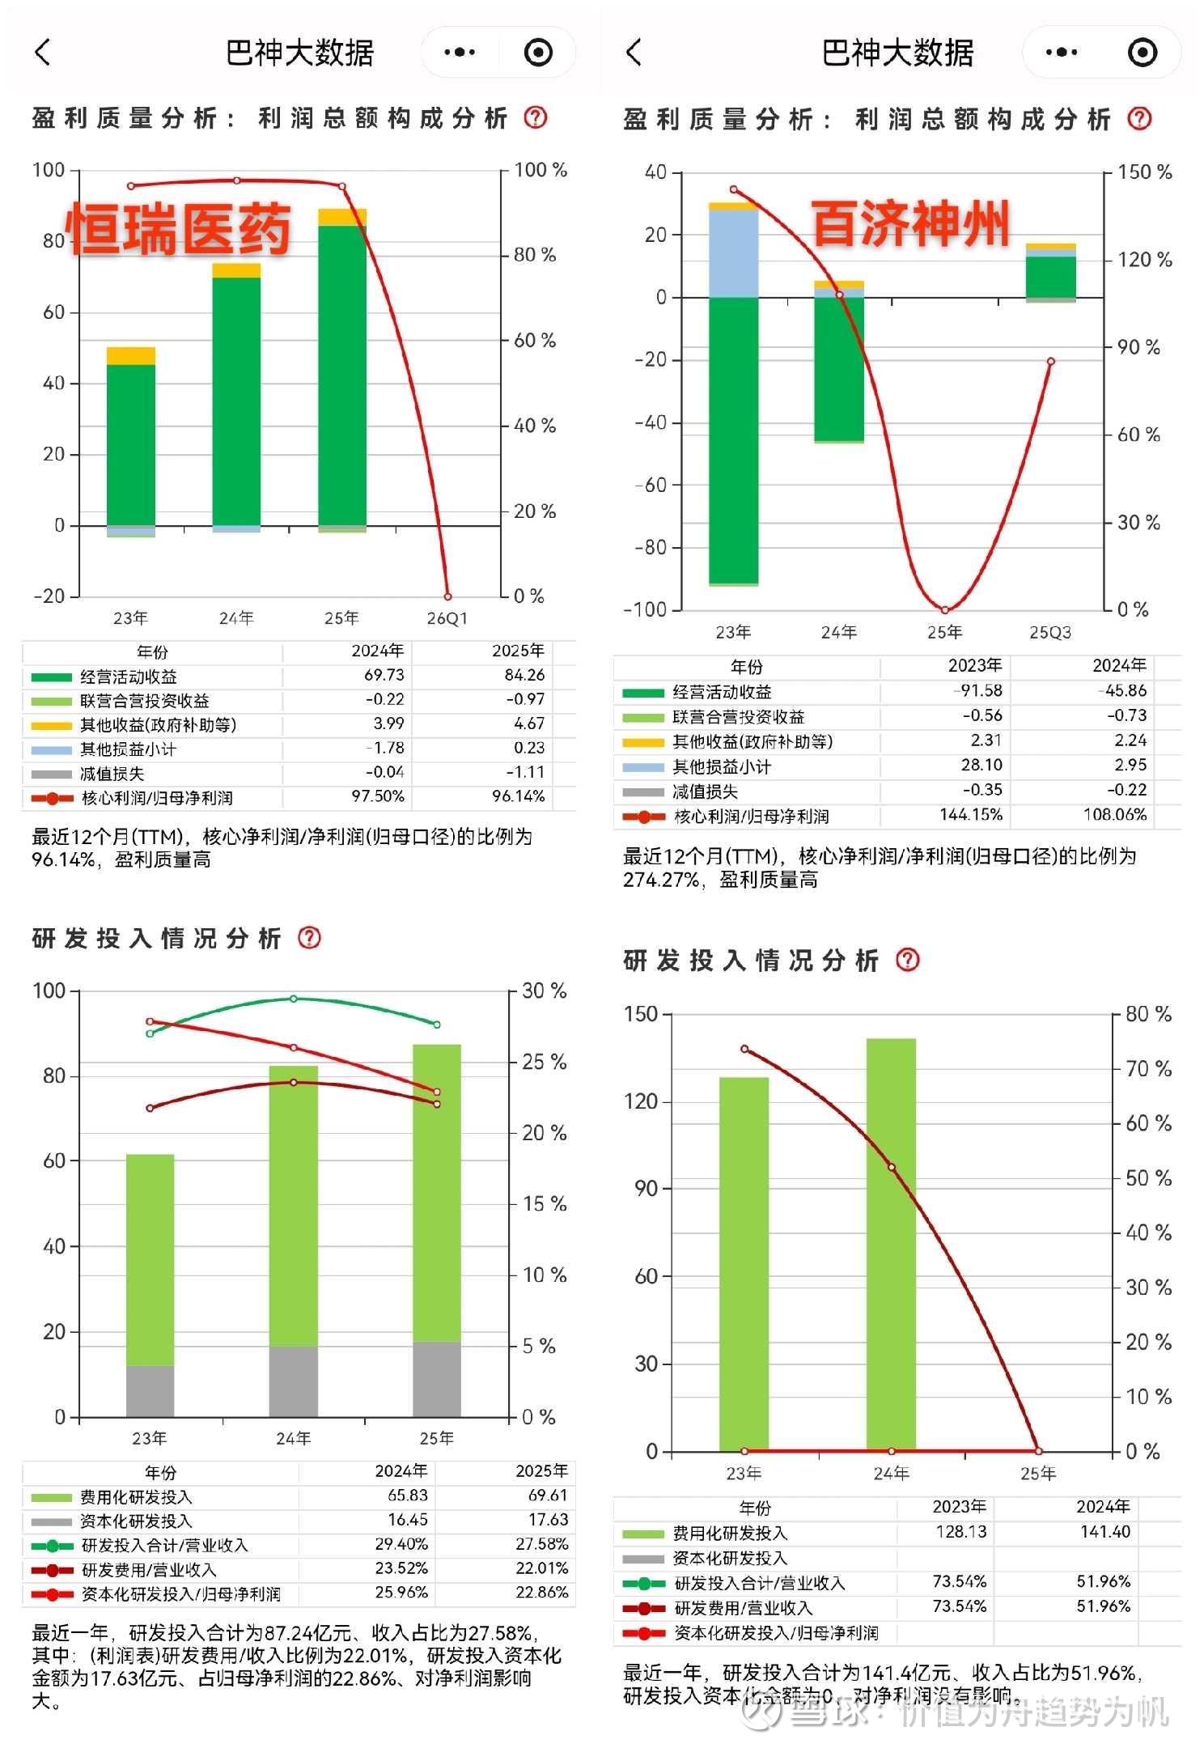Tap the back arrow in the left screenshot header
click(43, 53)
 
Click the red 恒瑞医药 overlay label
click(178, 228)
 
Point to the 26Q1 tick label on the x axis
click(447, 618)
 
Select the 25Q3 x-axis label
click(1049, 632)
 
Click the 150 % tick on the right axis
click(1144, 172)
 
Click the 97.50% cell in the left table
click(377, 796)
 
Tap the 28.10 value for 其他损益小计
click(981, 765)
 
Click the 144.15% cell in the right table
click(970, 815)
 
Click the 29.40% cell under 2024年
click(401, 1544)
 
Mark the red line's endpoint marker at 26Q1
click(447, 596)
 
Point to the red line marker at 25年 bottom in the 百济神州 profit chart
click(944, 610)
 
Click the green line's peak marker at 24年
click(294, 999)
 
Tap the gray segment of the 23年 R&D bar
click(150, 1390)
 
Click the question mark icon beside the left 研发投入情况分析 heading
click(309, 937)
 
